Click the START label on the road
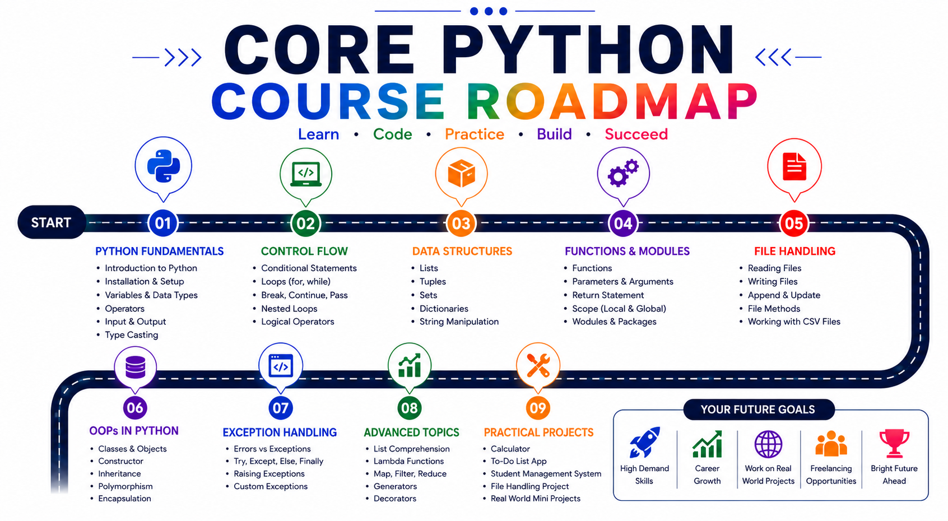pyautogui.click(x=51, y=222)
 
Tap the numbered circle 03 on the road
pyautogui.click(x=461, y=223)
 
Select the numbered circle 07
pyautogui.click(x=280, y=408)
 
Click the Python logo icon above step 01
pyautogui.click(x=164, y=166)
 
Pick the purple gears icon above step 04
pyautogui.click(x=623, y=173)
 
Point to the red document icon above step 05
pyautogui.click(x=794, y=166)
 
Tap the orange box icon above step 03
pyautogui.click(x=461, y=173)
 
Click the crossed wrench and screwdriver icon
pyautogui.click(x=538, y=365)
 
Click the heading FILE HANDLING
pyautogui.click(x=795, y=252)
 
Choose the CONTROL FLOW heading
pyautogui.click(x=304, y=252)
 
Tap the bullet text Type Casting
pyautogui.click(x=132, y=335)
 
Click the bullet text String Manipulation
pyautogui.click(x=459, y=322)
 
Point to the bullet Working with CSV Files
pyautogui.click(x=794, y=322)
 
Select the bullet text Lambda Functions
pyautogui.click(x=409, y=461)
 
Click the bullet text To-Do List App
pyautogui.click(x=518, y=461)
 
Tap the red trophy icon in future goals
pyautogui.click(x=894, y=444)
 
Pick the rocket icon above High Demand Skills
pyautogui.click(x=644, y=442)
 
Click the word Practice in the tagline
pyautogui.click(x=475, y=134)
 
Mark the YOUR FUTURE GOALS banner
pyautogui.click(x=758, y=410)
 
